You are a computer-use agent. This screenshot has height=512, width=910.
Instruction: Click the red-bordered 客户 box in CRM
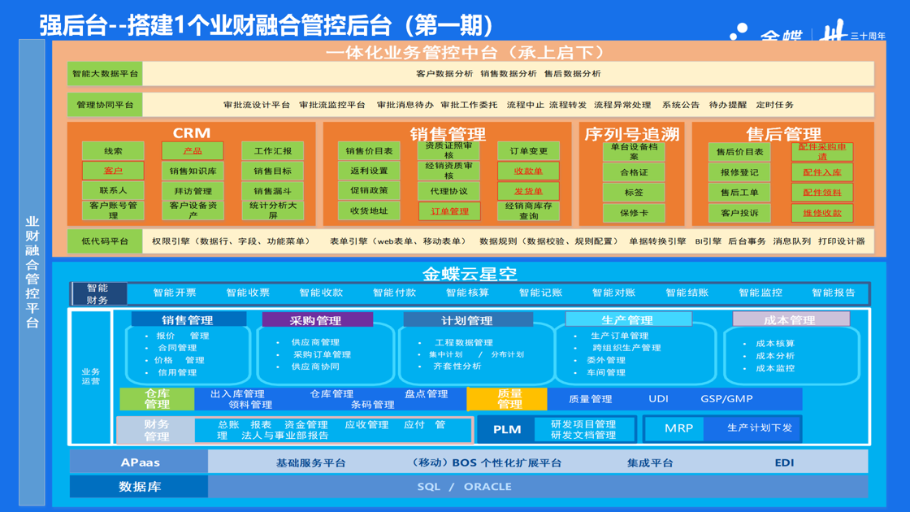click(113, 171)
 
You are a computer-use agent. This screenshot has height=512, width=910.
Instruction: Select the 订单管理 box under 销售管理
click(449, 211)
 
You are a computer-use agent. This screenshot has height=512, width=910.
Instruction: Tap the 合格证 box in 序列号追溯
click(634, 172)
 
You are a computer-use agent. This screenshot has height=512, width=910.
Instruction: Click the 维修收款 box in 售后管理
click(822, 213)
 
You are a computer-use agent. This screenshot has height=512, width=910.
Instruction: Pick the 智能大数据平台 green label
click(105, 74)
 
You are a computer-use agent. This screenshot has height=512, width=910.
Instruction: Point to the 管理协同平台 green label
click(105, 105)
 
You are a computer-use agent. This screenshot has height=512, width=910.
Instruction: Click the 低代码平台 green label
click(105, 241)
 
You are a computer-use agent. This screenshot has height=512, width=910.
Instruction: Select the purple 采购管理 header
click(315, 320)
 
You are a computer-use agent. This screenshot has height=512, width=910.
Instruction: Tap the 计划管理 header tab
click(467, 320)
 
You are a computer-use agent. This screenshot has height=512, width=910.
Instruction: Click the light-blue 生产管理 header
click(628, 320)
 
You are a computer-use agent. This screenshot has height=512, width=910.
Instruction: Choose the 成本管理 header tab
click(791, 320)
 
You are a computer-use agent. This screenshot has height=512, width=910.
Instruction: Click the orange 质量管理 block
click(508, 399)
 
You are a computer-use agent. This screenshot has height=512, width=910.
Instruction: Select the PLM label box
click(506, 429)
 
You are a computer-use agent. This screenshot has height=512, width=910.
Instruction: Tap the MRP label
click(678, 428)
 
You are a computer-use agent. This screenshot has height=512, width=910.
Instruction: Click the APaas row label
click(139, 462)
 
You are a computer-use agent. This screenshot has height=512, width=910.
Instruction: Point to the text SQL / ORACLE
click(464, 487)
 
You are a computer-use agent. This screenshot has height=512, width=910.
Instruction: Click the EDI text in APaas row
click(784, 462)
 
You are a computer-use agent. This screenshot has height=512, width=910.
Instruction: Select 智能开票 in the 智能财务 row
click(175, 293)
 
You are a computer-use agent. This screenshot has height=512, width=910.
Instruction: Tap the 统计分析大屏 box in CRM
click(272, 210)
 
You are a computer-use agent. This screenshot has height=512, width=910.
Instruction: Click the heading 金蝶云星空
click(470, 274)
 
